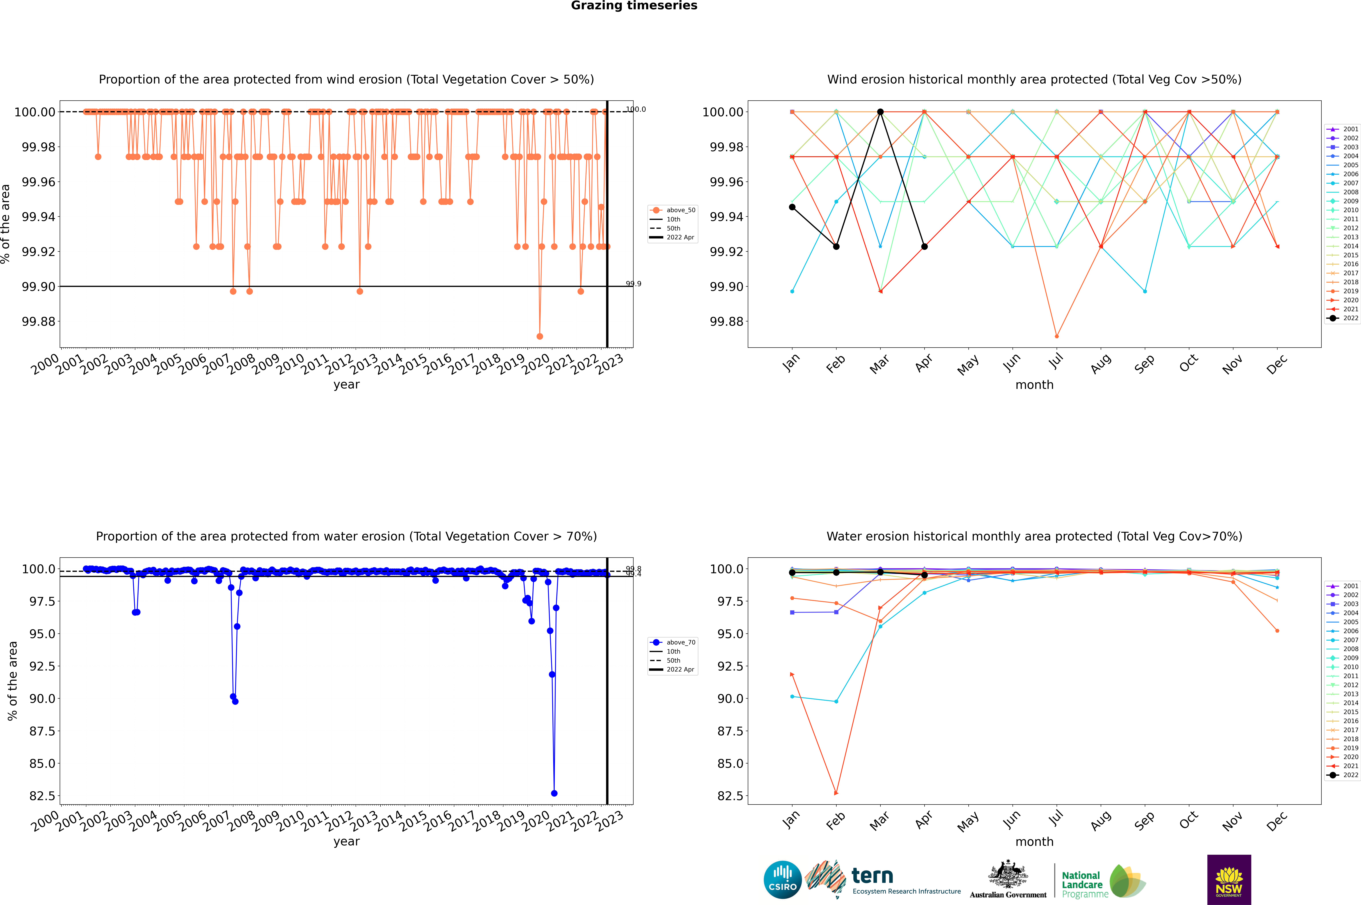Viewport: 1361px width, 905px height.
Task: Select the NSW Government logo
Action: (x=1229, y=880)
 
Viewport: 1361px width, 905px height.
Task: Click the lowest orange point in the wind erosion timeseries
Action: (x=539, y=336)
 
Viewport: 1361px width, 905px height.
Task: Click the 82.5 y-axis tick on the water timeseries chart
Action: (x=38, y=796)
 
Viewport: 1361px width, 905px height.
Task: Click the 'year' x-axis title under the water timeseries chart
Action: (x=346, y=842)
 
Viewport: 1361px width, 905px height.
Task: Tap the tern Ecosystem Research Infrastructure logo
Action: (x=883, y=880)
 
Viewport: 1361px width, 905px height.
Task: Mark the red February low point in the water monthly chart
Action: (x=836, y=793)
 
